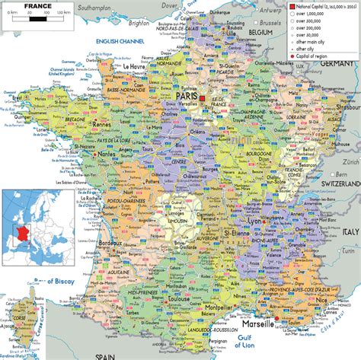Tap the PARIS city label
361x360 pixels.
click(x=187, y=97)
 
